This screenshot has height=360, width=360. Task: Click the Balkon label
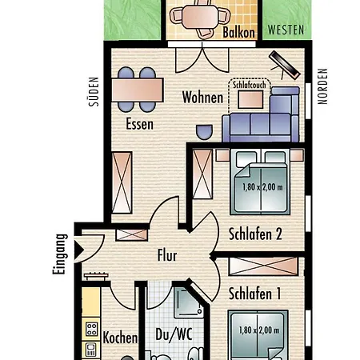click(238, 32)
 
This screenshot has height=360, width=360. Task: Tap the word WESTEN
click(286, 30)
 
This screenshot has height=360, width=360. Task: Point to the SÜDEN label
click(94, 92)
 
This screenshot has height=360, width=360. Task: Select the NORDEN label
click(322, 86)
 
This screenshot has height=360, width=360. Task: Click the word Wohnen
click(202, 97)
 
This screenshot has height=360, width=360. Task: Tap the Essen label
click(139, 124)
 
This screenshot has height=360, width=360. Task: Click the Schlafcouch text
click(250, 85)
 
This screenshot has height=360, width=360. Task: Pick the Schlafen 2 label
click(255, 234)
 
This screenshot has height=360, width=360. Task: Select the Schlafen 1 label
click(254, 294)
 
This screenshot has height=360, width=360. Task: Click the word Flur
click(167, 255)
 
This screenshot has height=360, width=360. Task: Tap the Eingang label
click(59, 254)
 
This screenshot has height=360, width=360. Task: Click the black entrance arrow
click(78, 250)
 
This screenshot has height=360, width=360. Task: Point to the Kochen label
click(120, 338)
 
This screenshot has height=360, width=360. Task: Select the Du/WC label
click(174, 334)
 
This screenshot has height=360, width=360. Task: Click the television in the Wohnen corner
click(284, 65)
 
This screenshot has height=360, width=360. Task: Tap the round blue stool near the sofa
click(204, 132)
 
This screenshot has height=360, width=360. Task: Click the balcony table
click(201, 17)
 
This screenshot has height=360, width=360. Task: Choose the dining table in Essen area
click(138, 90)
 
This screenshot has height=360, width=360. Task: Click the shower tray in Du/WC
click(188, 303)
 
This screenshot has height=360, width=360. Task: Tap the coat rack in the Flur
click(96, 275)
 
